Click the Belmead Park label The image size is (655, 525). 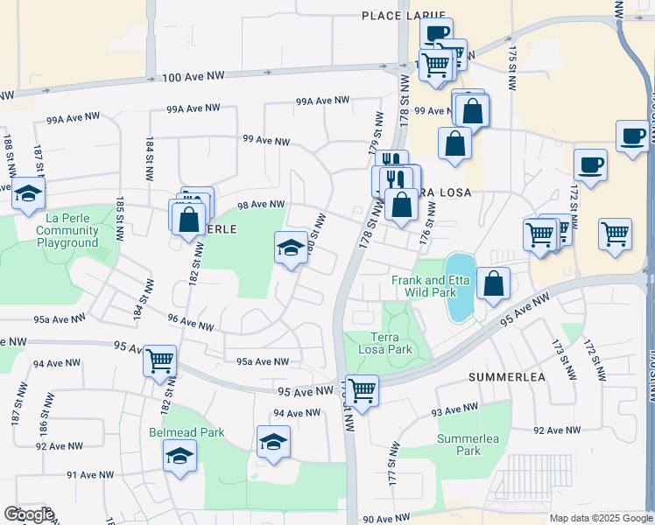click(187, 432)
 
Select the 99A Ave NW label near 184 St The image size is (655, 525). click(194, 108)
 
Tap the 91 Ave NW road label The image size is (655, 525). click(90, 475)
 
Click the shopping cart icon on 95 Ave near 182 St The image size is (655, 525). click(160, 360)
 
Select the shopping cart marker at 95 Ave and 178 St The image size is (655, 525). click(361, 390)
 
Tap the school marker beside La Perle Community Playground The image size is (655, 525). click(29, 193)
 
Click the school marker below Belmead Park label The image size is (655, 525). click(180, 456)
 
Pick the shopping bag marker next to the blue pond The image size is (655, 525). click(494, 283)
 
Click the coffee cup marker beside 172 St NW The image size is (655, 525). click(590, 164)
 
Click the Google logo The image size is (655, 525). click(29, 514)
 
